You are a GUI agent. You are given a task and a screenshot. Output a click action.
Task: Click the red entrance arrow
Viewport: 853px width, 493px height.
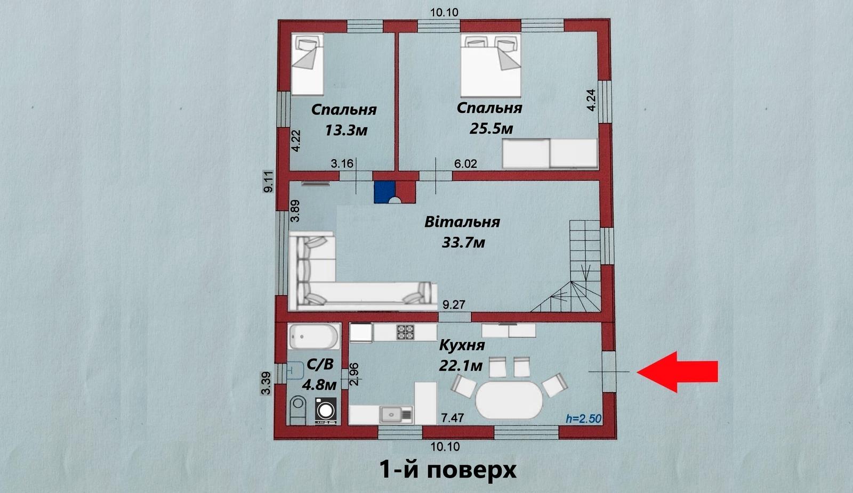coord(677,372)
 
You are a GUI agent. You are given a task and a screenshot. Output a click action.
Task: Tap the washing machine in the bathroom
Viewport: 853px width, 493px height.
coord(326,411)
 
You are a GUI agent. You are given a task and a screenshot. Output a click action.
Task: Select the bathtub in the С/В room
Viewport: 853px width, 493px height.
coord(314,336)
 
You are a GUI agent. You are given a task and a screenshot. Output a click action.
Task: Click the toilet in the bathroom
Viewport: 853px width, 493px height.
coord(298,410)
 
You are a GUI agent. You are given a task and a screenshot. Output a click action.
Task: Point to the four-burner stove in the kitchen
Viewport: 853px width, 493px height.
coord(405,332)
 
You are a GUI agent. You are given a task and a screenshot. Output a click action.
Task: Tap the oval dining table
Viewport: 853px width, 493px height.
coord(509,400)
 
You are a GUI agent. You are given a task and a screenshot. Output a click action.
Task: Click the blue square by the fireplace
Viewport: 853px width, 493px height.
coord(384,192)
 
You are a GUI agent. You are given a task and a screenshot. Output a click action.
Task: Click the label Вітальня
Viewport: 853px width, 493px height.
coord(462,222)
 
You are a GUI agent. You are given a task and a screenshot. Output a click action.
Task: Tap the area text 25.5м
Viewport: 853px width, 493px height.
coord(491,129)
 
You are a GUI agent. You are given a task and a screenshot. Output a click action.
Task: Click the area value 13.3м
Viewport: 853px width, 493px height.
coord(346,130)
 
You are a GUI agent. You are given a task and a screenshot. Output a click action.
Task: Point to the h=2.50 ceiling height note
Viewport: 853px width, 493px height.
coord(583,419)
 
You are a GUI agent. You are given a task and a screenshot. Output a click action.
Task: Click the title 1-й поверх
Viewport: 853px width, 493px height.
coord(448,470)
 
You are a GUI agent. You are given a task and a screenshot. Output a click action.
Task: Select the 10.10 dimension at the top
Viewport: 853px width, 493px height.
coord(445,13)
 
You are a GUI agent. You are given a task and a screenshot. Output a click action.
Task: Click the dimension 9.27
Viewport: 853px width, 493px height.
coord(454,305)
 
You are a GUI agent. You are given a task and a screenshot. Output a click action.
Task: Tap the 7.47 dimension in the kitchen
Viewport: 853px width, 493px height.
coord(453,418)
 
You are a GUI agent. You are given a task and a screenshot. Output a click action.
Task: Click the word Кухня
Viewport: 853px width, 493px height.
coord(462,346)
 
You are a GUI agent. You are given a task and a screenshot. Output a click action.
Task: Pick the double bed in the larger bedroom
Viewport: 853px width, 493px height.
coord(490,65)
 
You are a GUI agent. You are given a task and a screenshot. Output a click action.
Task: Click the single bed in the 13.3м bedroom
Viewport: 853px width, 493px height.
coord(307,64)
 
